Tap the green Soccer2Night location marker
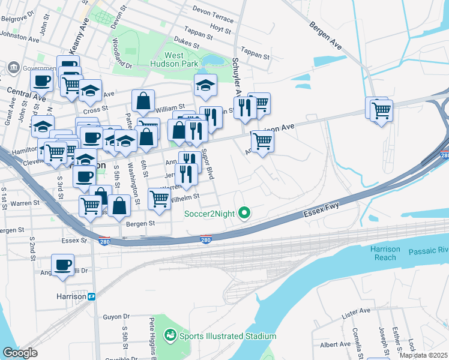[244, 212]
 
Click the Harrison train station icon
[92, 296]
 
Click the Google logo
[20, 353]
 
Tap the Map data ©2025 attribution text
[423, 355]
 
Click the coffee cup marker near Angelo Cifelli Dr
[62, 265]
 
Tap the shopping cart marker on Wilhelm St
[159, 198]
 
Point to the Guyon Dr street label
[116, 316]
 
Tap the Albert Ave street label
[336, 344]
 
